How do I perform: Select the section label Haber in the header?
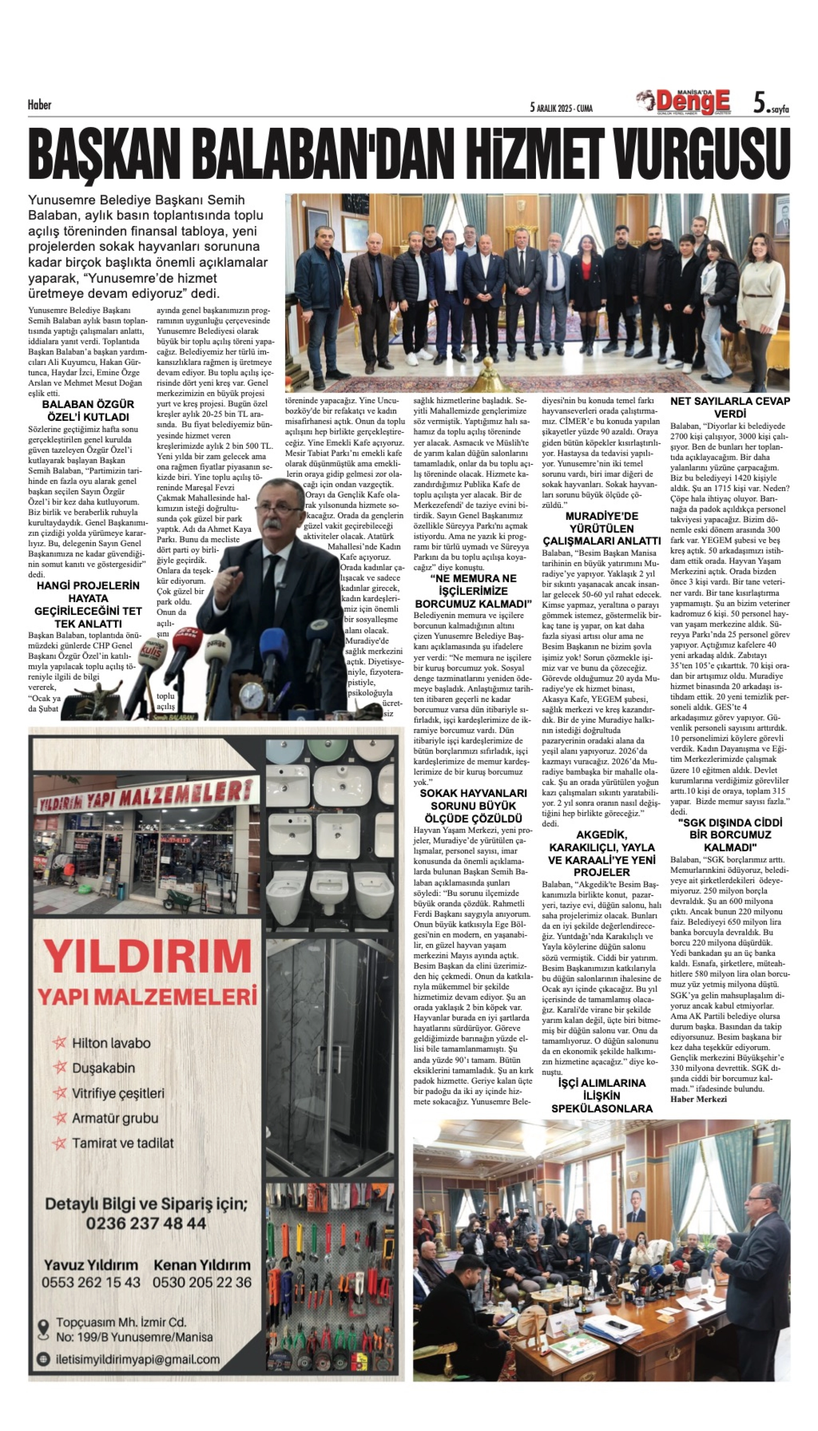[x=39, y=105]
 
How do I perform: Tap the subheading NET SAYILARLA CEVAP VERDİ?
[x=730, y=407]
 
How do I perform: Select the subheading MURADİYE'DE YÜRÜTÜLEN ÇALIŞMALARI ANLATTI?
[x=601, y=529]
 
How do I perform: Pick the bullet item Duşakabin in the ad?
[x=103, y=1068]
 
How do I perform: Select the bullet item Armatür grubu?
[x=115, y=1118]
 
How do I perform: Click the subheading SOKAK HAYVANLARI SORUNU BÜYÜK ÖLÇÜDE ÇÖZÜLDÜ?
[x=474, y=806]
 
